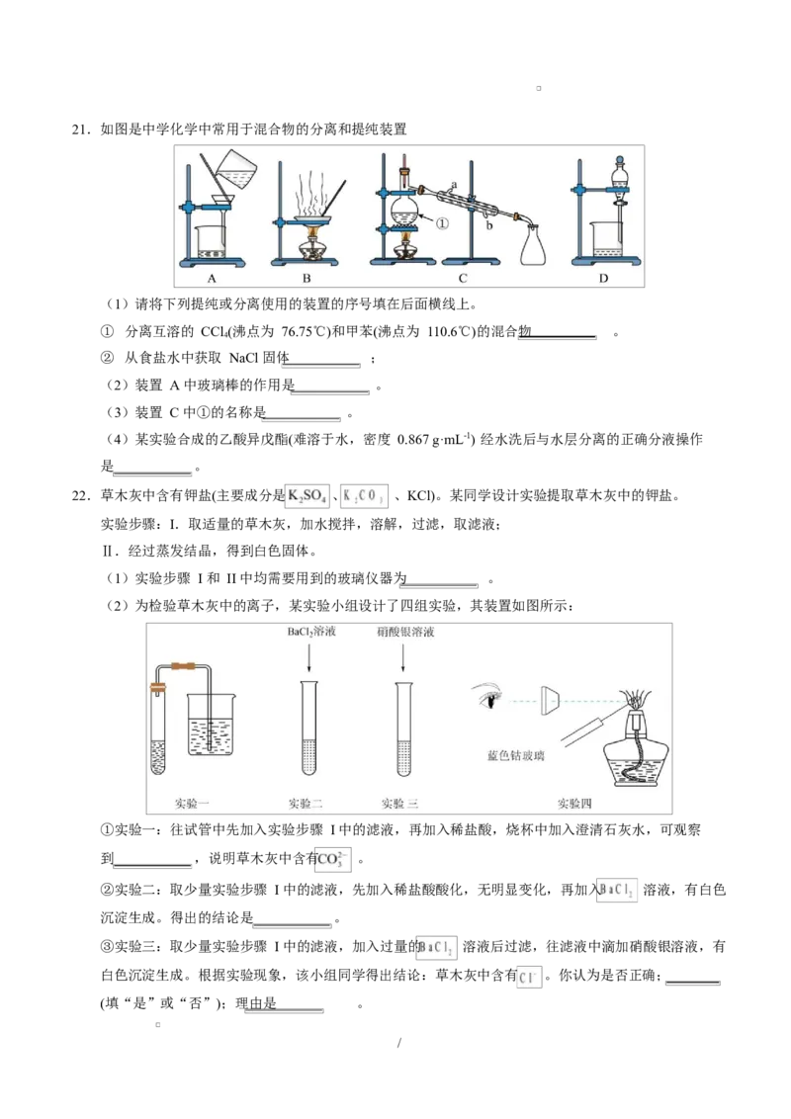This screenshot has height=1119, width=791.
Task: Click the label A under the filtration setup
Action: (x=211, y=279)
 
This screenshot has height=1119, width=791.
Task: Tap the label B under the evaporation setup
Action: (x=306, y=279)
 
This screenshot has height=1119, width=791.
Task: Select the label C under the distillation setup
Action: (x=462, y=279)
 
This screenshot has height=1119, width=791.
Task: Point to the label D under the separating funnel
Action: (x=603, y=279)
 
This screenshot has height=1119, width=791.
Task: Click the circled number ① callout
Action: (x=442, y=222)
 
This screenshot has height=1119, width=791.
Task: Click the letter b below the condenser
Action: (x=487, y=226)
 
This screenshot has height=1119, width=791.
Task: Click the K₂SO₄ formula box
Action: (x=308, y=498)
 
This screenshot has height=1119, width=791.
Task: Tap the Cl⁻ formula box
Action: (x=530, y=978)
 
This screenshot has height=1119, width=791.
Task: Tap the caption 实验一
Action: (x=192, y=804)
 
